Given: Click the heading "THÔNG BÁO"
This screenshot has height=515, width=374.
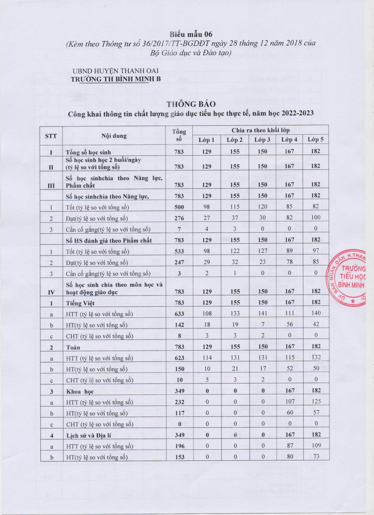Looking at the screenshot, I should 191,104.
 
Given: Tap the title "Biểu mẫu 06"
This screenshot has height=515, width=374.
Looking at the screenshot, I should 191,34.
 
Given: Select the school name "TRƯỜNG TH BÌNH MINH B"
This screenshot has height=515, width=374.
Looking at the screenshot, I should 116,79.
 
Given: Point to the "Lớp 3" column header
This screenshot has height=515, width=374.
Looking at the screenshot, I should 262,140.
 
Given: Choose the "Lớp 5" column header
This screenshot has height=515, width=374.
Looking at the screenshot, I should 315,139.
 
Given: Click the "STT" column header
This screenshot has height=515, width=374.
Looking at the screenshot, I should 51,136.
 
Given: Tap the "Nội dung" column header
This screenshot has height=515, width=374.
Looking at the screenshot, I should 114,136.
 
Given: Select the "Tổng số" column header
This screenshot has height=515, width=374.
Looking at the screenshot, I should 179,135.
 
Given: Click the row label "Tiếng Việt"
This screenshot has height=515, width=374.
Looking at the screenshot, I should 80,303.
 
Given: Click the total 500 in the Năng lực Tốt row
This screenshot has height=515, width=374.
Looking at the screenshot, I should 179,207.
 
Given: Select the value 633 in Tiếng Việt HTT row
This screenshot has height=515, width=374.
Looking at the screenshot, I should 179,313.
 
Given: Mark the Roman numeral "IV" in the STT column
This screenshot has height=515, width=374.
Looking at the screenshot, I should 51,292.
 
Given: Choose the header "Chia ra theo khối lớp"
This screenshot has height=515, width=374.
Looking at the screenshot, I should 260,130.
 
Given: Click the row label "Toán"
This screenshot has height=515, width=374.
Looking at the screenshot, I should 73,347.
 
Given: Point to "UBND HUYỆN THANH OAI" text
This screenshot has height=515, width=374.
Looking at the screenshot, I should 116,71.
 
